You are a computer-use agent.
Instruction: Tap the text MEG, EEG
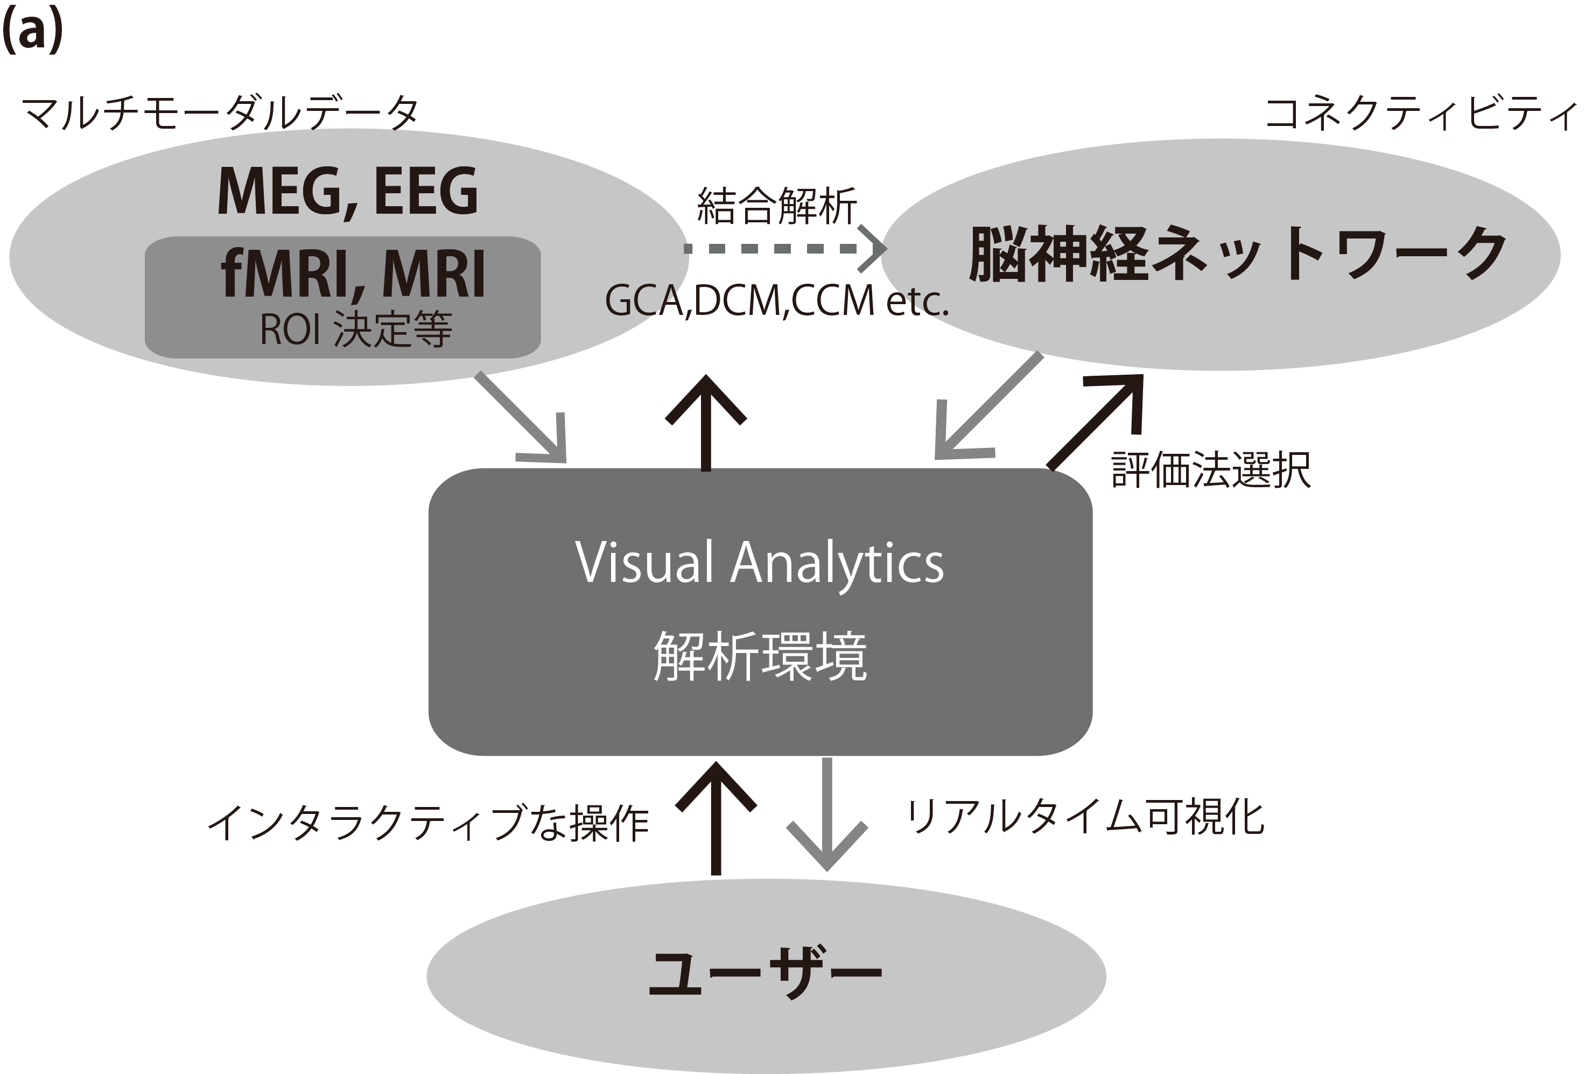347,192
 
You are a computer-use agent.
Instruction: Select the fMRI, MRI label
353,274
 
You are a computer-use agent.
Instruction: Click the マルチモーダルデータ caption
220,113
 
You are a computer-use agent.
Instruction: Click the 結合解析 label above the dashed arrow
777,206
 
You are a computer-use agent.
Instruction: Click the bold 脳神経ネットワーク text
1237,254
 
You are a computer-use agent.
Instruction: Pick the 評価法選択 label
1211,470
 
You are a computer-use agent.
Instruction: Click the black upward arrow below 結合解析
706,423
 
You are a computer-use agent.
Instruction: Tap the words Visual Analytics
760,563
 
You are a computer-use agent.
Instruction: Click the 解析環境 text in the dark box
760,656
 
